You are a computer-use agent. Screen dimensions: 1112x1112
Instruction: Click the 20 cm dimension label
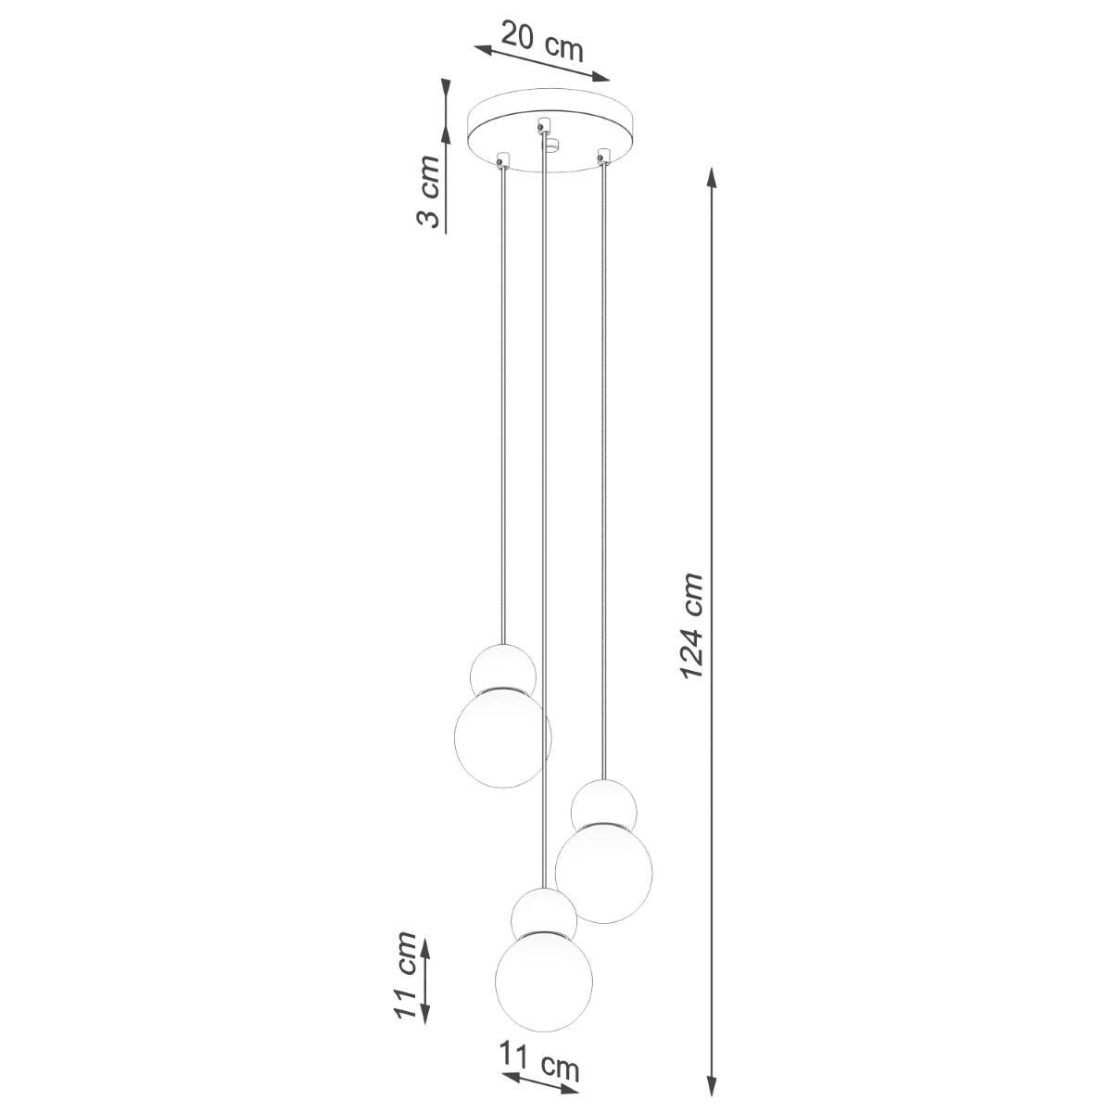(542, 42)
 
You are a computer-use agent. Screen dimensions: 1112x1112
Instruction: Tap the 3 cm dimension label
(428, 191)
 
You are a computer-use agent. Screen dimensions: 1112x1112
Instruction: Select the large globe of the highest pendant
(502, 737)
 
